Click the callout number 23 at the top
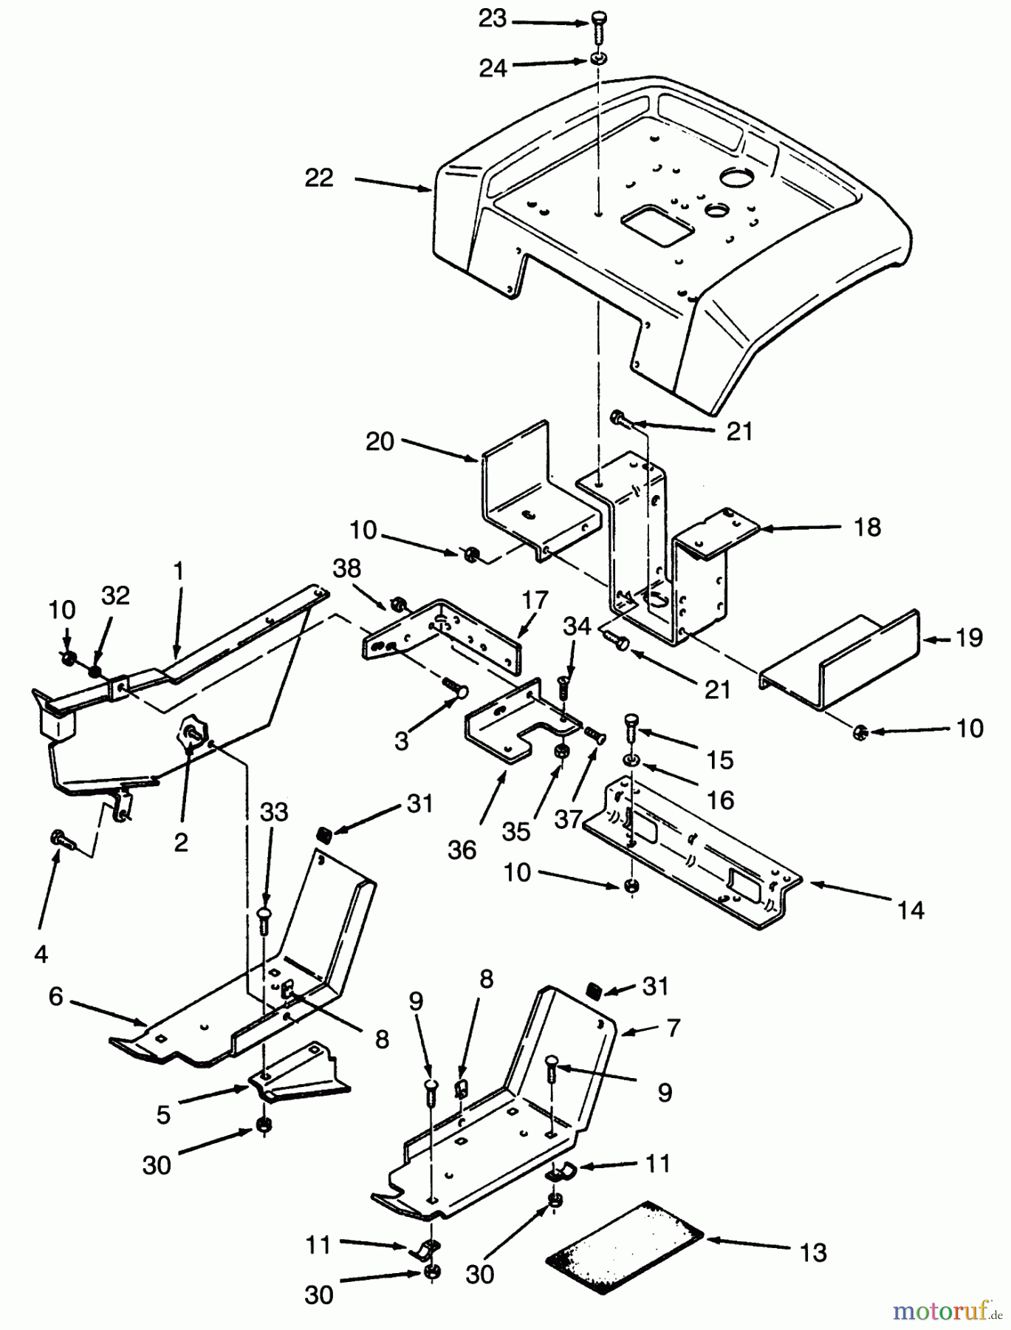(x=493, y=18)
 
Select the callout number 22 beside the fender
(x=319, y=178)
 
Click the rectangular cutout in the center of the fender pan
(x=653, y=225)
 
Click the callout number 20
(x=381, y=442)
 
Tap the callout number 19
(x=969, y=637)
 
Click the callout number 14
(x=911, y=910)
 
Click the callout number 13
(x=813, y=1253)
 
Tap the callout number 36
(x=462, y=850)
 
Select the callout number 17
(x=536, y=597)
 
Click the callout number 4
(x=41, y=954)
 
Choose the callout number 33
(x=274, y=813)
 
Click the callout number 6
(x=56, y=997)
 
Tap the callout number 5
(x=163, y=1114)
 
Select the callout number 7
(x=673, y=1028)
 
